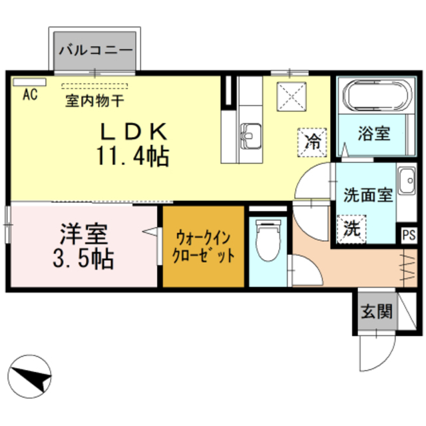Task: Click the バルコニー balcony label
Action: click(x=96, y=50)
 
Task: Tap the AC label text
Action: click(x=29, y=95)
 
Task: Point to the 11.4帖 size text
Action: click(x=132, y=156)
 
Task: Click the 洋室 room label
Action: click(x=83, y=234)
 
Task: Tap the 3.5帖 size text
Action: click(x=83, y=258)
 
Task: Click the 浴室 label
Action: click(x=372, y=133)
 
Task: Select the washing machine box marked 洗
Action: click(x=351, y=230)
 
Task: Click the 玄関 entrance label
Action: click(x=376, y=310)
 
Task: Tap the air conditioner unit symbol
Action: click(x=29, y=83)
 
